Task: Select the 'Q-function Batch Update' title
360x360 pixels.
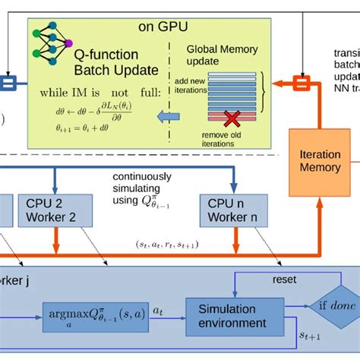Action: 115,62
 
